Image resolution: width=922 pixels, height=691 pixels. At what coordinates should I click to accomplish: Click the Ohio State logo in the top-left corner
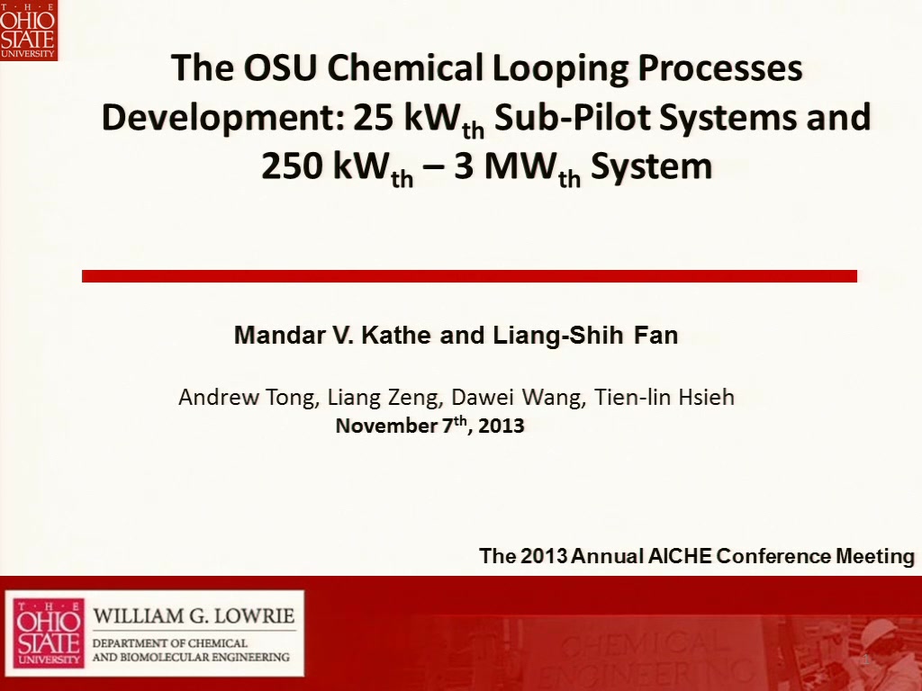pyautogui.click(x=28, y=30)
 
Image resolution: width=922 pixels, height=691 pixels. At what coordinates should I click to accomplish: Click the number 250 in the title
pyautogui.click(x=292, y=166)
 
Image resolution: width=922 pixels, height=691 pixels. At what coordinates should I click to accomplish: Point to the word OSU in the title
pyautogui.click(x=280, y=67)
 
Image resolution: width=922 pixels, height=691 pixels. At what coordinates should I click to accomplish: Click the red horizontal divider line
pyautogui.click(x=469, y=276)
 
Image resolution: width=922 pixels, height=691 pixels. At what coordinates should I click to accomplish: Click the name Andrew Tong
pyautogui.click(x=249, y=398)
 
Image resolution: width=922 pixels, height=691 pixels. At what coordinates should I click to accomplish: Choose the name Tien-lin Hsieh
pyautogui.click(x=664, y=397)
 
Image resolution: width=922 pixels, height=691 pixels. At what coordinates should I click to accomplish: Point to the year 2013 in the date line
pyautogui.click(x=501, y=426)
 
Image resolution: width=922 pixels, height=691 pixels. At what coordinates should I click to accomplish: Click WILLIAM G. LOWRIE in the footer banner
pyautogui.click(x=194, y=615)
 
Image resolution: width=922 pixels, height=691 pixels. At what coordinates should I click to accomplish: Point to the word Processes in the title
pyautogui.click(x=720, y=67)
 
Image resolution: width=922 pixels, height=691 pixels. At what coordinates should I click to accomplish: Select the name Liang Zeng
pyautogui.click(x=384, y=398)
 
